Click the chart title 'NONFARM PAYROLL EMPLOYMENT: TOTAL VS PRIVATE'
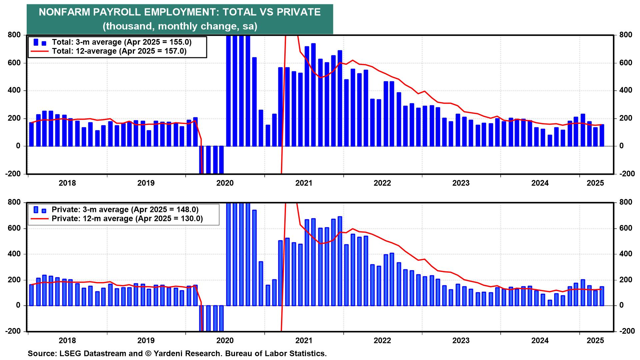180,12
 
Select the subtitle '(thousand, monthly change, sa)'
180,26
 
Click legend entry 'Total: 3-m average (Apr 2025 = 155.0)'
122,42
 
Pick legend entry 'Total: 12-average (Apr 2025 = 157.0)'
119,51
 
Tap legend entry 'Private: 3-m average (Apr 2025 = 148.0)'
125,210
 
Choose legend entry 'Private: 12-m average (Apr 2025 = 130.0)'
127,218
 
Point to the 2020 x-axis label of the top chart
225,183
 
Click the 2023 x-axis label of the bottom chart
461,341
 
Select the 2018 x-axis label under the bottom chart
67,341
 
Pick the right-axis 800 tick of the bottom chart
626,202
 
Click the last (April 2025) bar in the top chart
602,135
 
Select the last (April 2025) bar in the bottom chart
602,296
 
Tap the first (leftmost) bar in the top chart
32,134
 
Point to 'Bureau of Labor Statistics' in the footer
276,353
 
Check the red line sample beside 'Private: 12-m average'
39,219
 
